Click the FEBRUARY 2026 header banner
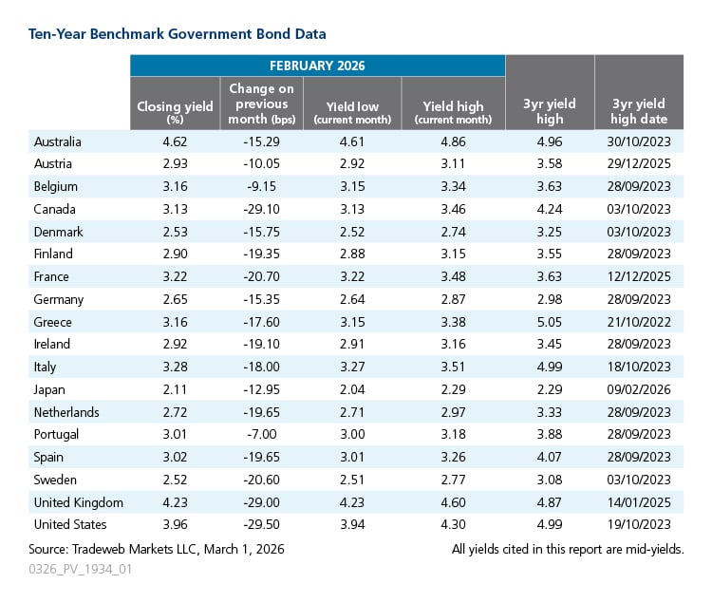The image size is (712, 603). click(317, 66)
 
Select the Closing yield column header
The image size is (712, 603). click(175, 111)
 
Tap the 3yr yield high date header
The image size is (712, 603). click(639, 111)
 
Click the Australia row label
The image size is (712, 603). click(58, 141)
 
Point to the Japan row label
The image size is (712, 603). click(49, 390)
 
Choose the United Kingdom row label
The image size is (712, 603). click(79, 502)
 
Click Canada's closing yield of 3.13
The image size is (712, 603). click(175, 209)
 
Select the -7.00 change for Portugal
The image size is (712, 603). click(262, 434)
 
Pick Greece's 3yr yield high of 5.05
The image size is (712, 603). click(550, 322)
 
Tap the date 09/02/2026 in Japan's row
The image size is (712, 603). click(639, 389)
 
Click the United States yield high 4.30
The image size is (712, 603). click(453, 524)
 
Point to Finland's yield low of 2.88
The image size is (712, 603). click(352, 254)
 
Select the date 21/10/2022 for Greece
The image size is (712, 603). click(639, 322)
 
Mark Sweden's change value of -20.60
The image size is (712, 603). click(262, 480)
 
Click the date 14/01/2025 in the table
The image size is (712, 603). click(639, 502)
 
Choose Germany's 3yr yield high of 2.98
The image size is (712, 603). click(550, 300)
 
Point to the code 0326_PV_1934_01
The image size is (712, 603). click(80, 570)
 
